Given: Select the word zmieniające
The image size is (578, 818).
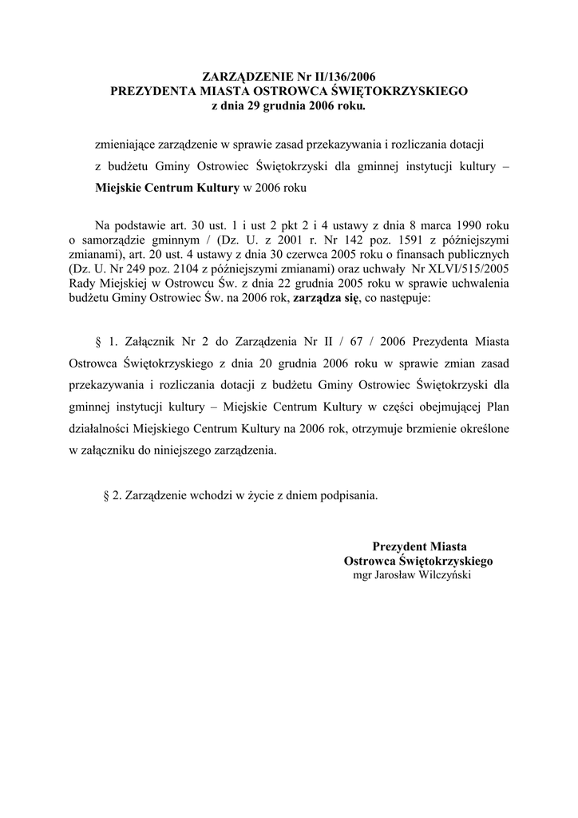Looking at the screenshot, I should point(125,145).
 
